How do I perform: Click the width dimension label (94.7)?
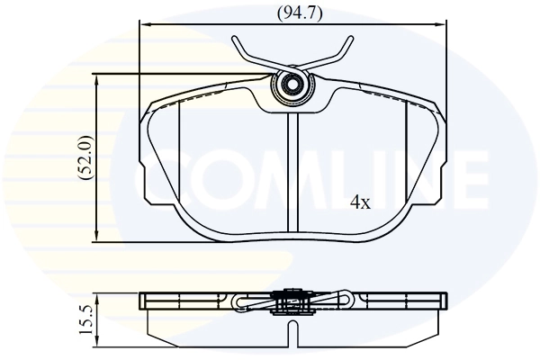click(294, 13)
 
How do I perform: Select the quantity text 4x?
click(360, 202)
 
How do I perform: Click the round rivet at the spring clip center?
click(292, 87)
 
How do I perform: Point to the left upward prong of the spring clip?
click(244, 49)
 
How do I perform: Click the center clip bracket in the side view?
click(292, 300)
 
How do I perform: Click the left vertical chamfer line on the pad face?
click(180, 153)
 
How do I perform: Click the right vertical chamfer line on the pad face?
click(408, 153)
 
